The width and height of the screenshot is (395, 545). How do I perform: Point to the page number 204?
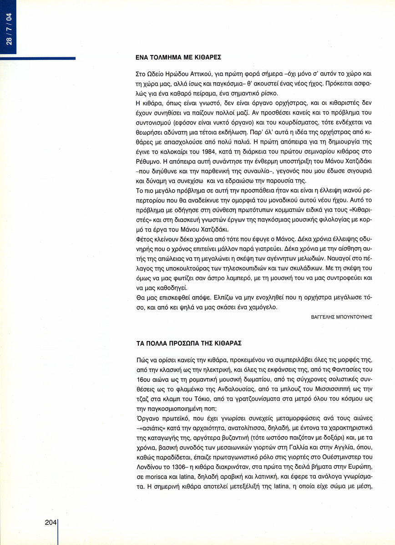coord(51,523)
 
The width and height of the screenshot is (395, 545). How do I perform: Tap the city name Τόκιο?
coord(211,393)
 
